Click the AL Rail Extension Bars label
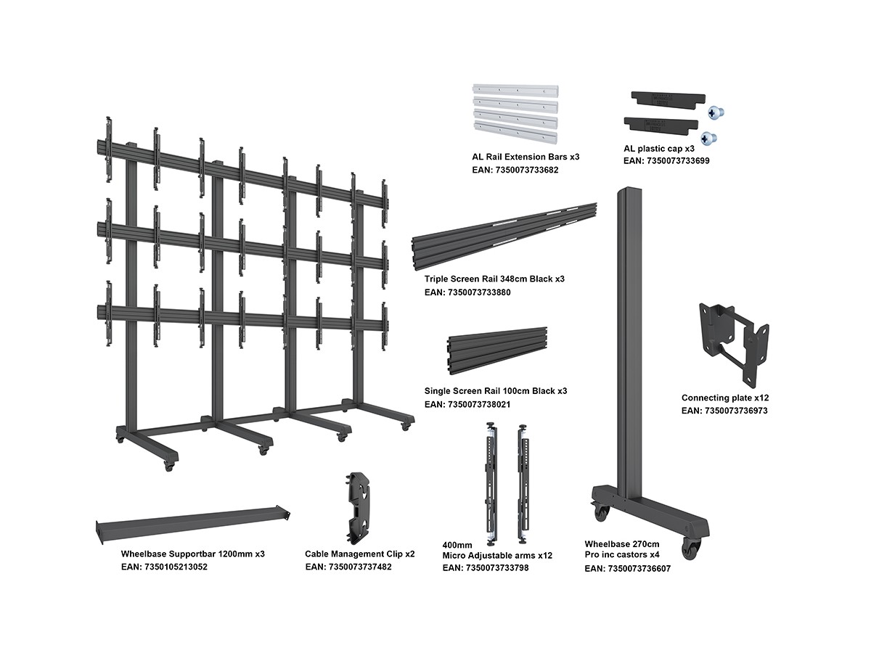point(526,157)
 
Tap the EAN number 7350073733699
point(666,161)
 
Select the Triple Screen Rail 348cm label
point(494,279)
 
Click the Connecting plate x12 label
point(724,398)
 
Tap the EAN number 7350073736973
point(724,411)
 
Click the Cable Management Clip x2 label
point(359,554)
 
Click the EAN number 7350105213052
point(164,567)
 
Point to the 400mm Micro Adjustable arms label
point(497,550)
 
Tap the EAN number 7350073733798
point(485,567)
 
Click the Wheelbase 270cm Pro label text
point(622,549)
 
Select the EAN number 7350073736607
point(627,569)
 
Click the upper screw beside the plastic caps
point(717,112)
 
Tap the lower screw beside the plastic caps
point(708,136)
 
